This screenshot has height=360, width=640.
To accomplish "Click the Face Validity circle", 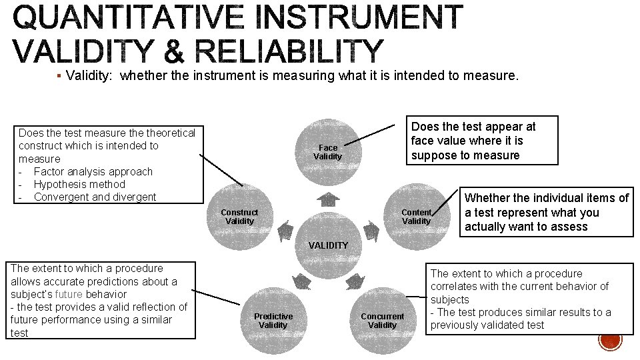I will [x=328, y=152].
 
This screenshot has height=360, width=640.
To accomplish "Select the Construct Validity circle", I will [x=239, y=217].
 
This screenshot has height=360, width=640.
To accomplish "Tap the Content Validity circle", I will [x=417, y=217].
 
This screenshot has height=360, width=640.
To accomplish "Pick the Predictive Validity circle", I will [x=273, y=321].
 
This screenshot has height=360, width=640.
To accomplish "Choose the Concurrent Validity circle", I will [x=382, y=321].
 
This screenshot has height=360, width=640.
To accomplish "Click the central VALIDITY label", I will [x=328, y=245].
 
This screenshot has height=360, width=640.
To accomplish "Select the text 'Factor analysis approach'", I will [x=93, y=171].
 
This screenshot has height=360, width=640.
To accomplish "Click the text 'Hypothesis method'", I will [x=79, y=184].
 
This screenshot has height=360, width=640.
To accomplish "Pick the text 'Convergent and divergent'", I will [x=95, y=197].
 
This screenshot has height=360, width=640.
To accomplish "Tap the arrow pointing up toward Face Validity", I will [x=328, y=199].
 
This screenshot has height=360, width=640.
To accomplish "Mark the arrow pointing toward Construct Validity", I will [x=285, y=231].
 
